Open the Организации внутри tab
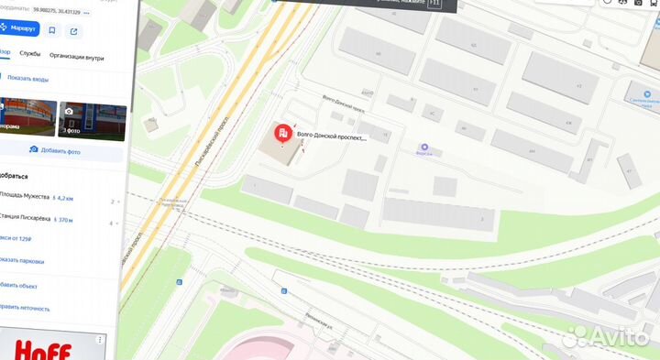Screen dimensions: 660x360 pos(76,57)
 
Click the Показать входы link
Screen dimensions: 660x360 pos(27,79)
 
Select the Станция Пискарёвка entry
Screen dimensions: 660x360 pos(25,220)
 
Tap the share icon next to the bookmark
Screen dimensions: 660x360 pos(73,31)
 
